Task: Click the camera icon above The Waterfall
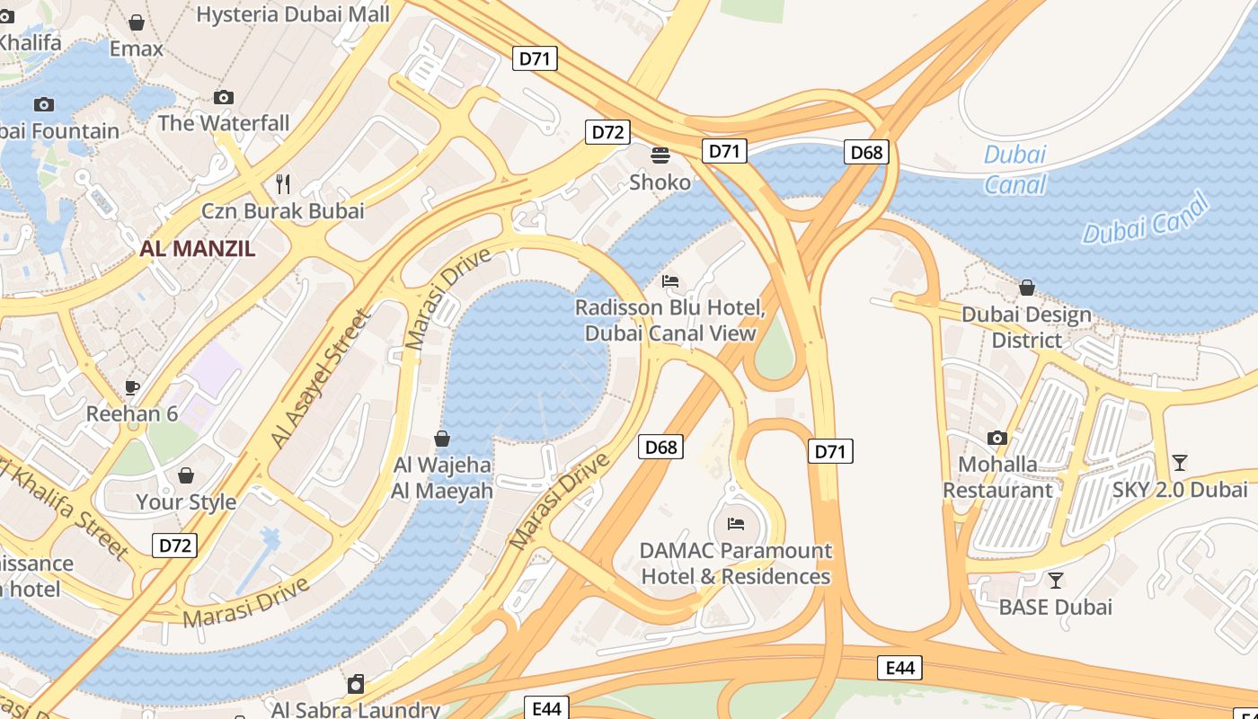(x=224, y=97)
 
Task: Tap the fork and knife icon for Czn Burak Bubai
(x=283, y=184)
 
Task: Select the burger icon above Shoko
(x=660, y=155)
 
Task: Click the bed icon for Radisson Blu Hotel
(x=670, y=281)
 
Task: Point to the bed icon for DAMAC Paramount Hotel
(x=736, y=523)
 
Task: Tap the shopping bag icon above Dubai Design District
(x=1027, y=288)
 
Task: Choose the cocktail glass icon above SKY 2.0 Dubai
(x=1180, y=463)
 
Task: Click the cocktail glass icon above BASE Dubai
(x=1056, y=581)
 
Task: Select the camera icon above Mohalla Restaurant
(x=997, y=439)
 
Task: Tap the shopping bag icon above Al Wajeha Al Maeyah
(x=442, y=439)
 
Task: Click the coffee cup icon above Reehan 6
(x=132, y=388)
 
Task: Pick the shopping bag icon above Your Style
(x=186, y=475)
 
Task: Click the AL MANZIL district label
(x=198, y=249)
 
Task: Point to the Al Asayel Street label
(x=321, y=378)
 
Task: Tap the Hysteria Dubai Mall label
(x=293, y=14)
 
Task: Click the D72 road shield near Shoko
(x=607, y=132)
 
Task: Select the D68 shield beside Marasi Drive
(x=660, y=447)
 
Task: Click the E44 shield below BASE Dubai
(x=899, y=668)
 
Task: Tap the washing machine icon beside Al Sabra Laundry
(x=356, y=685)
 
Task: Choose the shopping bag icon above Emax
(x=137, y=22)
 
